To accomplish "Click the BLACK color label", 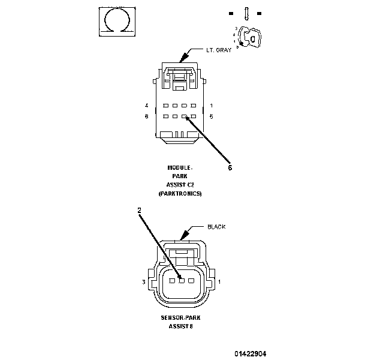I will pyautogui.click(x=216, y=227).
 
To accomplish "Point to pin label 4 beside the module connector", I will pyautogui.click(x=146, y=106).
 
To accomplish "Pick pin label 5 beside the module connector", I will pyautogui.click(x=212, y=116).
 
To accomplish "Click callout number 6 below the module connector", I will pyautogui.click(x=230, y=168).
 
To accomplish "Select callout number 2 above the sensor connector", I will pyautogui.click(x=139, y=211).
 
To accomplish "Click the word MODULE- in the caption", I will pyautogui.click(x=180, y=167).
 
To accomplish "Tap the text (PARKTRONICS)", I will pyautogui.click(x=180, y=194).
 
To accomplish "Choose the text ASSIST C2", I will pyautogui.click(x=180, y=185).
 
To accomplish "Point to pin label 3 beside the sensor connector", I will pyautogui.click(x=144, y=281).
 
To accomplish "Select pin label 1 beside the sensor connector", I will pyautogui.click(x=219, y=281).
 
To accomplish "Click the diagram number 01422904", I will pyautogui.click(x=251, y=353).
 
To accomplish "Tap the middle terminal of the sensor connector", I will pyautogui.click(x=182, y=280).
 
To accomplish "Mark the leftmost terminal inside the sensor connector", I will pyautogui.click(x=172, y=280).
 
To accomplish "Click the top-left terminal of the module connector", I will pyautogui.click(x=166, y=106).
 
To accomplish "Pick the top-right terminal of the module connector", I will pyautogui.click(x=194, y=106).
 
